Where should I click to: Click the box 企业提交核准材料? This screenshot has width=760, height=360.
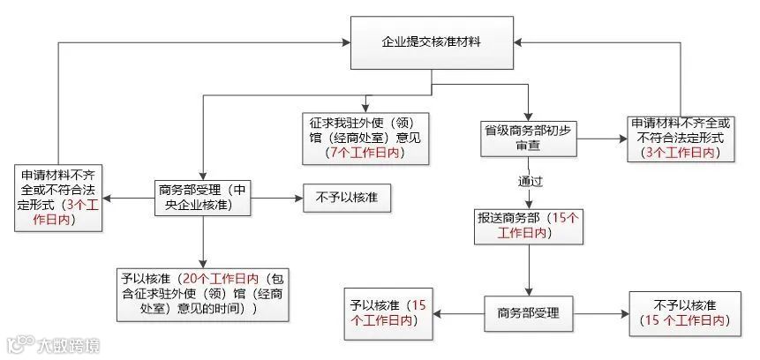[x=432, y=41]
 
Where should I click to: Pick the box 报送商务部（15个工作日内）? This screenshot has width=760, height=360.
[x=528, y=225]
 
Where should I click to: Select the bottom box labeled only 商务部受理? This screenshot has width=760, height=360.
[x=529, y=312]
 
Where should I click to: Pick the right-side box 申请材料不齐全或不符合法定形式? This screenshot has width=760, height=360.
[x=680, y=138]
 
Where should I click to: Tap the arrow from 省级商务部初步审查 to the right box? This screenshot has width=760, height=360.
[x=600, y=138]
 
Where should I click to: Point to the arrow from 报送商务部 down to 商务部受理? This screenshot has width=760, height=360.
[x=529, y=268]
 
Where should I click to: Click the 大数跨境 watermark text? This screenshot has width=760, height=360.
[x=66, y=344]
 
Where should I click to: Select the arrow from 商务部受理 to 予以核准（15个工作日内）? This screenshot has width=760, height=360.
[x=461, y=312]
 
